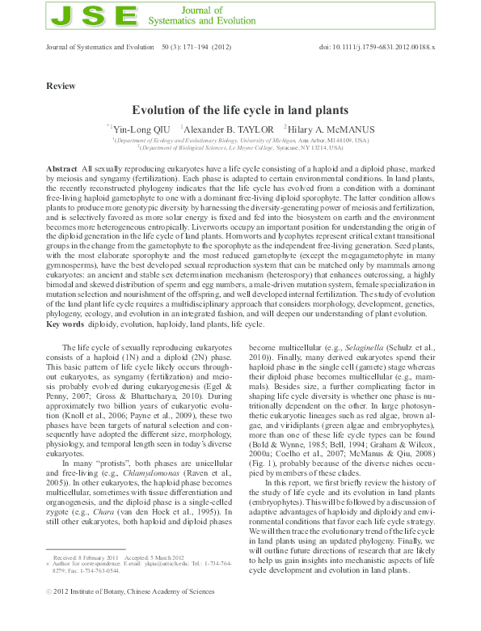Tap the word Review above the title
(61, 86)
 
